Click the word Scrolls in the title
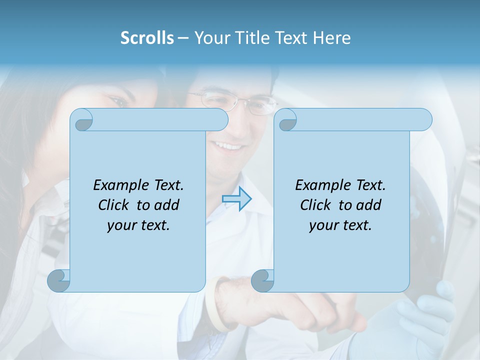[x=147, y=38]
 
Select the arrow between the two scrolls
[x=236, y=199]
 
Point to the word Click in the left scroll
[x=114, y=205]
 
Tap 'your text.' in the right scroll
[x=340, y=225]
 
